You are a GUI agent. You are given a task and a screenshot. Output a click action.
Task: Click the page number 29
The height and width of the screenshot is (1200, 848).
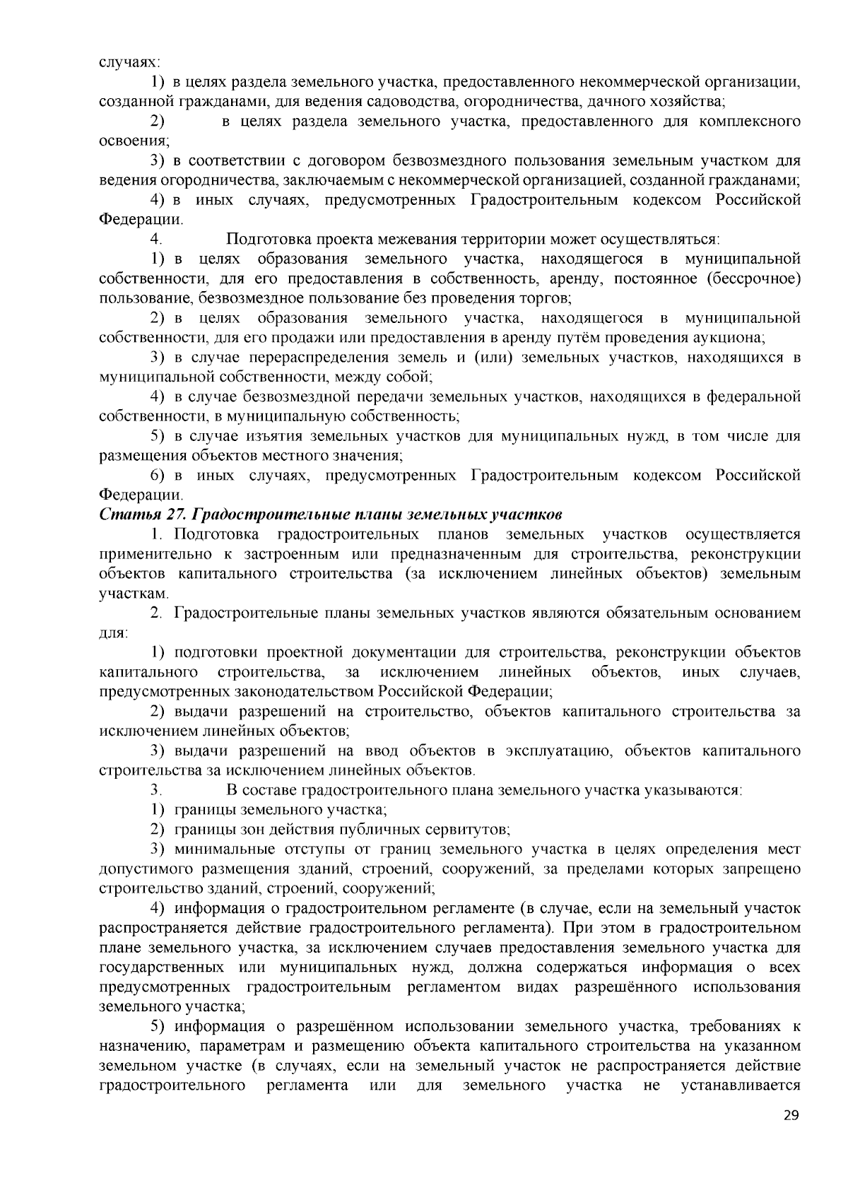(x=791, y=1136)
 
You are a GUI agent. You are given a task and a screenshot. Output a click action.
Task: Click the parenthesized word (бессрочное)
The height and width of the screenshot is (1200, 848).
(x=753, y=278)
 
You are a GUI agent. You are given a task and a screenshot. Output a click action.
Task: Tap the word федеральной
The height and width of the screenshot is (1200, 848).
(x=754, y=396)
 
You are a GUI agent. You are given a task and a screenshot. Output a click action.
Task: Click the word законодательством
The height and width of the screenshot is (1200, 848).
(x=298, y=691)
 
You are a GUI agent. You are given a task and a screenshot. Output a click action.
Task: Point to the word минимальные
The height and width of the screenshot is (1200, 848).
(x=220, y=849)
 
